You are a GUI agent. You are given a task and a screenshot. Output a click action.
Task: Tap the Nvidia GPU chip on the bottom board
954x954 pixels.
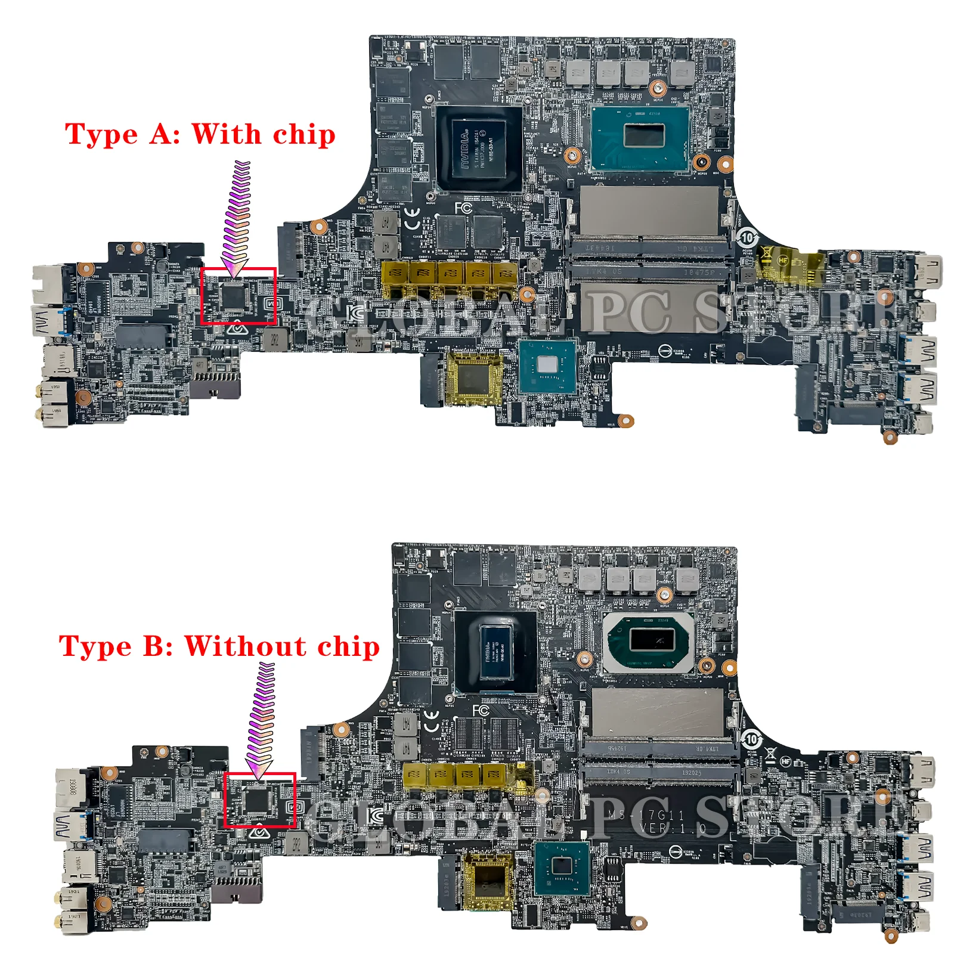pyautogui.click(x=495, y=651)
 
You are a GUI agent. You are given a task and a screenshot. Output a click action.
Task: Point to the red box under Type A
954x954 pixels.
pyautogui.click(x=238, y=296)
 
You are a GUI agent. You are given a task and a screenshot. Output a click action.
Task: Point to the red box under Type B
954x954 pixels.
pyautogui.click(x=260, y=800)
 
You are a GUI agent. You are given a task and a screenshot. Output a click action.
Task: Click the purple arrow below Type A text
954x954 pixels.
pyautogui.click(x=238, y=218)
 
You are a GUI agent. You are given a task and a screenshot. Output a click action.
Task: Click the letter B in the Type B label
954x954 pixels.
pyautogui.click(x=156, y=646)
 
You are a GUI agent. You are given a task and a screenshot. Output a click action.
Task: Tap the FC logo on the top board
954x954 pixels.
pyautogui.click(x=463, y=208)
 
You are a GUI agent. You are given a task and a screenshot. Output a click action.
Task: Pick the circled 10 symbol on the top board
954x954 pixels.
pyautogui.click(x=747, y=237)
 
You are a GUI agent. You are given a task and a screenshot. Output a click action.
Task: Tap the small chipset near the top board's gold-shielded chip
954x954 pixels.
pyautogui.click(x=547, y=366)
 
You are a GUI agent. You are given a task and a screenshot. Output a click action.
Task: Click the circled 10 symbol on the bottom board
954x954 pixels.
pyautogui.click(x=751, y=739)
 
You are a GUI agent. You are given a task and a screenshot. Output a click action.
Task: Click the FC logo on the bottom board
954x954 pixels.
pyautogui.click(x=481, y=711)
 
